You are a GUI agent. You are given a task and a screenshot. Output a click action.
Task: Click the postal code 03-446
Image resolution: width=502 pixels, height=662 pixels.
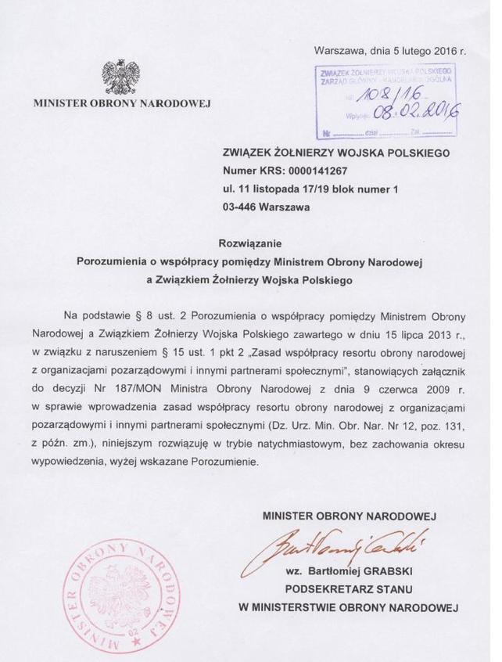(241, 207)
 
